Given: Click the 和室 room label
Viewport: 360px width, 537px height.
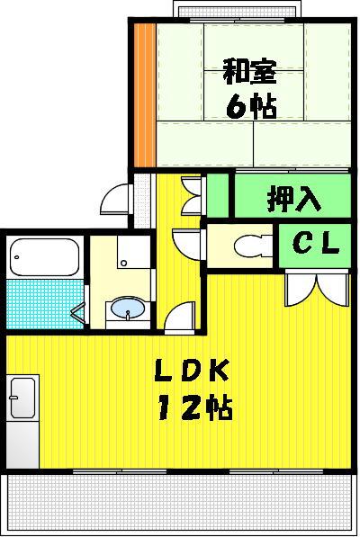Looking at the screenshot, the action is coord(249,72).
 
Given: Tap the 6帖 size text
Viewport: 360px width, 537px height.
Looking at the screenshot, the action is coord(251,106).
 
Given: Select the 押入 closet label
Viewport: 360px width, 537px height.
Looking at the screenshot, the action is coord(294,198).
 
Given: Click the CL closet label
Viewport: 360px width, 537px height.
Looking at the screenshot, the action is coord(316,244).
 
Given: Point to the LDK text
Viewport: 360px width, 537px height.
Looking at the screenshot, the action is coord(192,371).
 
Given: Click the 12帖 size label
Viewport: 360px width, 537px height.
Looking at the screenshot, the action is coord(195,407).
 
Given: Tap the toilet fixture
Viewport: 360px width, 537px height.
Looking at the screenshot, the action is coord(254,246).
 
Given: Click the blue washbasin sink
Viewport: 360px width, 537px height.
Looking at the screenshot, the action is coord(128,308).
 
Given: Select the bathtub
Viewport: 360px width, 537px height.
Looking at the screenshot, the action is coord(44,257).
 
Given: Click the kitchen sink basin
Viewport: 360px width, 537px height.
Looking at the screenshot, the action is coord(22,398).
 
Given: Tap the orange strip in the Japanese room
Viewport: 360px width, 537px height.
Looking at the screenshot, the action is coord(144,94).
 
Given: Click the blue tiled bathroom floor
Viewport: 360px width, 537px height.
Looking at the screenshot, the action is coord(45,304).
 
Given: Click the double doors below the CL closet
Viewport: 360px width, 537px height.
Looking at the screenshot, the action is coord(317,287).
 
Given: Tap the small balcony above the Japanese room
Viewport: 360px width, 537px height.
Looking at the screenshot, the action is coord(238,9).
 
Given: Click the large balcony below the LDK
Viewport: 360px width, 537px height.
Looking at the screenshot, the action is coord(179,504).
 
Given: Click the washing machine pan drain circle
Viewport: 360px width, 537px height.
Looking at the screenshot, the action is coord(123,263).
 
